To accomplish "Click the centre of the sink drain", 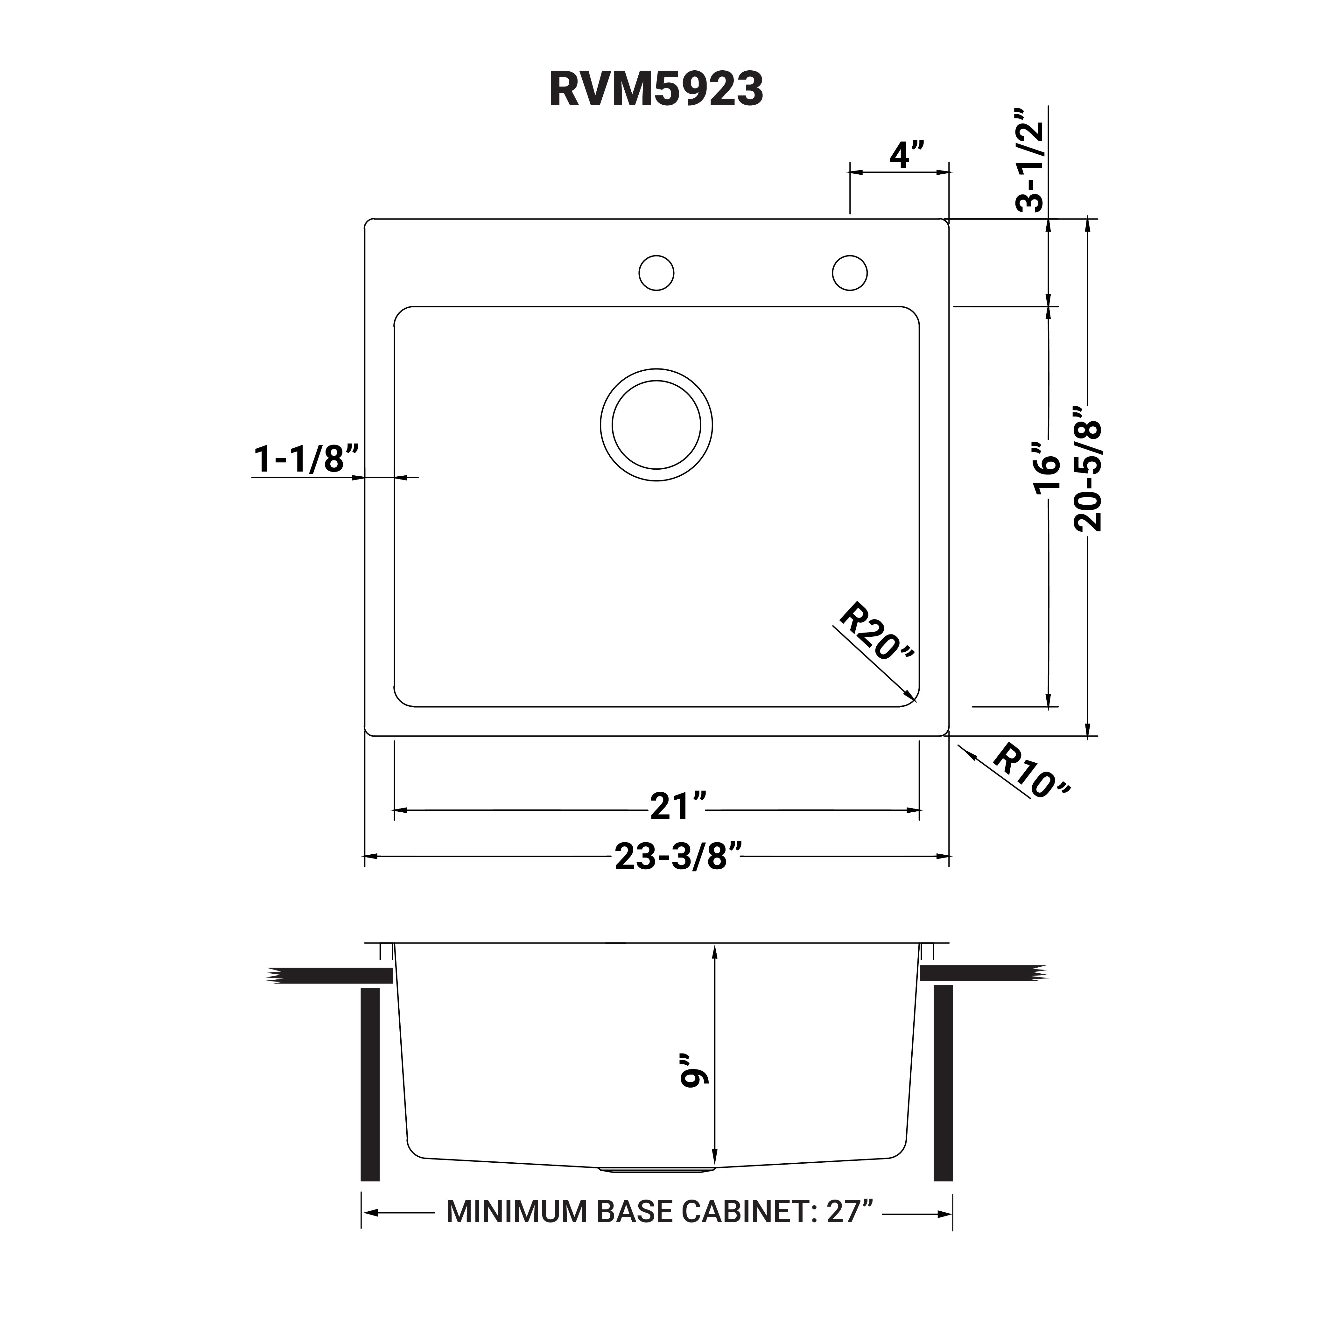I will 656,425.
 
